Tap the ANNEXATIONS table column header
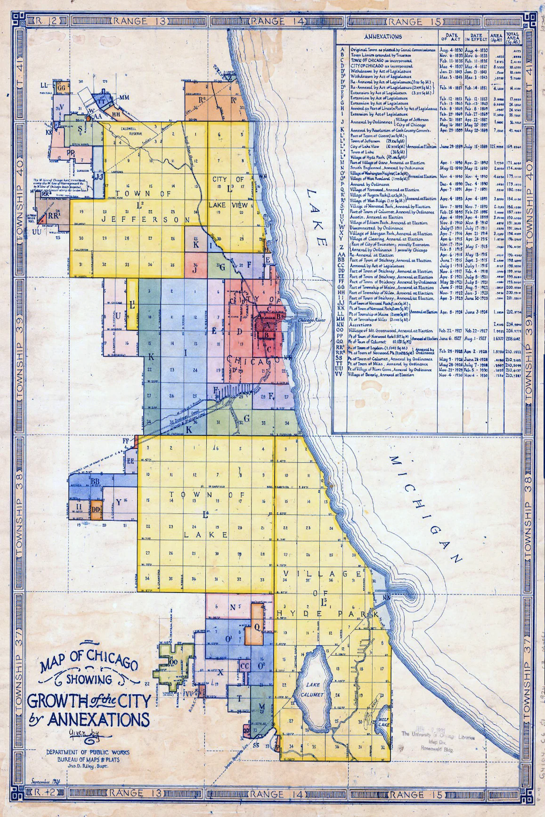(383, 36)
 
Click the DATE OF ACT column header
(450, 37)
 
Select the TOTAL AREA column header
(512, 37)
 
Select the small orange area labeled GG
(62, 87)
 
